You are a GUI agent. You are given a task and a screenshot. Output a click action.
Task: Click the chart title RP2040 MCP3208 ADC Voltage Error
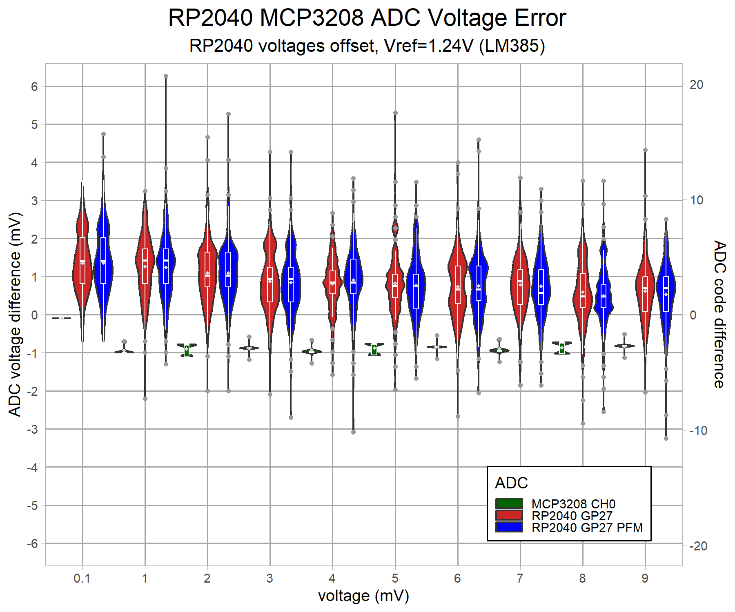tap(367, 18)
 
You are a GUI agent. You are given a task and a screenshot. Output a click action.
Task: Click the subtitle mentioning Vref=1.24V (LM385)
tap(367, 46)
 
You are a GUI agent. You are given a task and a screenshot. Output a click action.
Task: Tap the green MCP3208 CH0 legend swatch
tap(509, 503)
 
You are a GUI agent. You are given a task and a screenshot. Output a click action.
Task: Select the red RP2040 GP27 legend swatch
tap(509, 515)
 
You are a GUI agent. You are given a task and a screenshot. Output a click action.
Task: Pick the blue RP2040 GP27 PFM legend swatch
tap(509, 527)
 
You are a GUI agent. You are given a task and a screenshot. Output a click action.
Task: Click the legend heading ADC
tap(511, 483)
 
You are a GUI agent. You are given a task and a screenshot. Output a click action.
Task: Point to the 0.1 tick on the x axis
tap(82, 578)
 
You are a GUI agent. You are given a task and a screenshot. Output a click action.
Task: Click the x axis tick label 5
tap(395, 578)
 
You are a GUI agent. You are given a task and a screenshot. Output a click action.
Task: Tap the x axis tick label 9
tap(645, 578)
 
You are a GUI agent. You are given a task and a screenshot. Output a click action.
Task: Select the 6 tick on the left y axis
tap(34, 86)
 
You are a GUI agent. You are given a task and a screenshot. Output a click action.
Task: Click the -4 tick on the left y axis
tap(33, 468)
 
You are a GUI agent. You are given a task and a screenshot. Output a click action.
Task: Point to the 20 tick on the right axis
tap(696, 85)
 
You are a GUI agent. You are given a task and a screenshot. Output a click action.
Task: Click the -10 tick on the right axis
tap(698, 430)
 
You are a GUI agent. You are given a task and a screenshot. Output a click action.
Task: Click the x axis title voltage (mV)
tap(363, 596)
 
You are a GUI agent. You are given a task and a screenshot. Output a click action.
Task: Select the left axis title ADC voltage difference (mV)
tap(15, 314)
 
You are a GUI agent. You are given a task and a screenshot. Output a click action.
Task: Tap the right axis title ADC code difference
tap(719, 314)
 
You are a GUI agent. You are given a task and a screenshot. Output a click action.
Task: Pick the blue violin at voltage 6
tap(479, 282)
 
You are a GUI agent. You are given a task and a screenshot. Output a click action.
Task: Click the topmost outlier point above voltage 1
tap(166, 76)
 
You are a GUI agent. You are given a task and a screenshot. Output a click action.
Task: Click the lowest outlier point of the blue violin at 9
tap(666, 438)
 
